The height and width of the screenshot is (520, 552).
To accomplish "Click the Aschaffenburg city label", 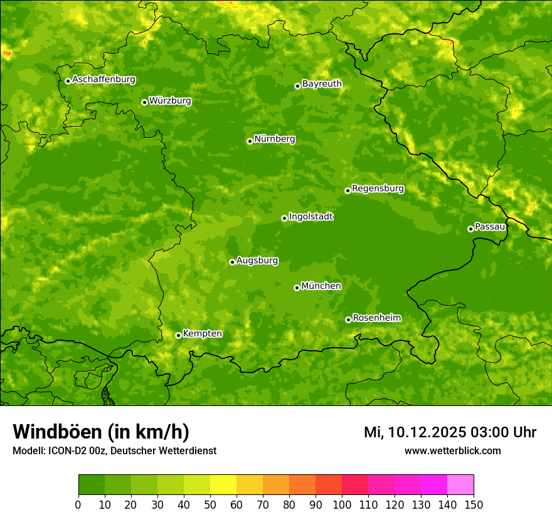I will coord(103,80).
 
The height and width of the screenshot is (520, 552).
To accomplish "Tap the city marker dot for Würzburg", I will coord(144,102).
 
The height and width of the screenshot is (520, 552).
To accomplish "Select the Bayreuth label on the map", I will coord(322,84).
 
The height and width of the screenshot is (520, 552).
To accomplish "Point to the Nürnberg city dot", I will coord(250,141).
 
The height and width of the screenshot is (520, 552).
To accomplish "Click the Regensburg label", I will coord(378,189).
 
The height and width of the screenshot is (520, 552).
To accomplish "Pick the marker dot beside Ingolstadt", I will coord(284,218).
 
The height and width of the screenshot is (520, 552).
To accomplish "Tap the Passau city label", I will coord(490,227).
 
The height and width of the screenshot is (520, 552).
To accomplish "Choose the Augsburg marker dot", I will coord(232,262).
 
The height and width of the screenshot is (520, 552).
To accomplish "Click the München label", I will coord(321,286).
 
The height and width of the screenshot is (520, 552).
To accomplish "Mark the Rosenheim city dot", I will coord(348,320).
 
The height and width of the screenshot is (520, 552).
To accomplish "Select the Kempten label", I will coord(202,334).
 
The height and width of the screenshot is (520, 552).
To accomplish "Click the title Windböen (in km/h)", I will coord(101,432).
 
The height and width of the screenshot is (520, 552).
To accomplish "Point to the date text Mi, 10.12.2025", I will coord(414,432).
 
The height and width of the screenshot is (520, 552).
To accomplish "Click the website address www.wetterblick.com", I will coord(452,450).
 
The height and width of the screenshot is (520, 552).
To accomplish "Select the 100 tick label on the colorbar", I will coord(342,504).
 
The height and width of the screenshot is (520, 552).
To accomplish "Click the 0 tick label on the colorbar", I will coord(78,504).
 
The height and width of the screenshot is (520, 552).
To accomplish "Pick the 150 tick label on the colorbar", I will coord(474,504).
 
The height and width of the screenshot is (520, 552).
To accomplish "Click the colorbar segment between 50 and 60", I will coord(223,485).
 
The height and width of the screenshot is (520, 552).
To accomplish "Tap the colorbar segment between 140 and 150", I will coord(460,485).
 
